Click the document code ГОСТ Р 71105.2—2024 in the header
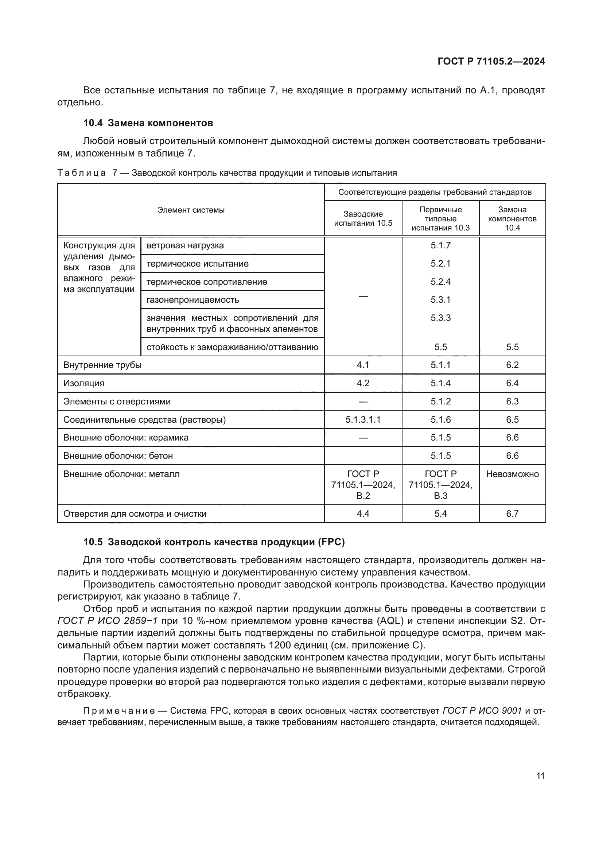pyautogui.click(x=491, y=61)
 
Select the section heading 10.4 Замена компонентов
pyautogui.click(x=148, y=123)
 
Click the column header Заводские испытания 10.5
pyautogui.click(x=363, y=218)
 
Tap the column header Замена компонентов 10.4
pyautogui.click(x=512, y=218)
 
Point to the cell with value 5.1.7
pyautogui.click(x=440, y=245)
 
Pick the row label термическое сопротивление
pyautogui.click(x=207, y=282)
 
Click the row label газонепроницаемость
pyautogui.click(x=193, y=299)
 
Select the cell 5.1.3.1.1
pyautogui.click(x=363, y=419)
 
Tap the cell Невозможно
pyautogui.click(x=512, y=474)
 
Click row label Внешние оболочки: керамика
pyautogui.click(x=126, y=437)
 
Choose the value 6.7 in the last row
pyautogui.click(x=512, y=513)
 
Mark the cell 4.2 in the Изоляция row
pyautogui.click(x=363, y=383)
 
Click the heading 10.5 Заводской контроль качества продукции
pyautogui.click(x=214, y=542)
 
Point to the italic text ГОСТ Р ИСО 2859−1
pyautogui.click(x=107, y=621)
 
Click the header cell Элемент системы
pyautogui.click(x=191, y=210)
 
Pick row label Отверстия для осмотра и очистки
pyautogui.click(x=135, y=513)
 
